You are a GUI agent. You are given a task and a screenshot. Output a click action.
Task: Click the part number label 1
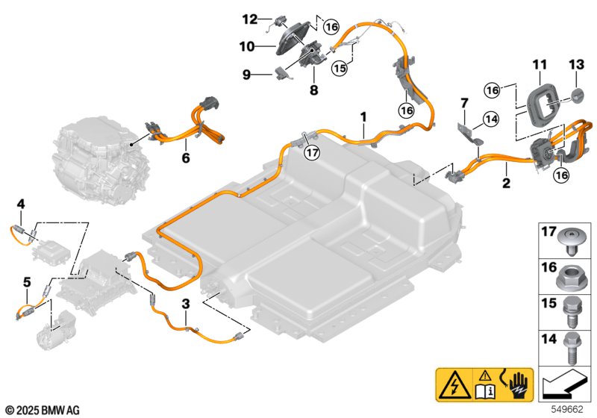[x=363, y=116]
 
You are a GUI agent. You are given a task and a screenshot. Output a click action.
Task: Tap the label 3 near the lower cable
[x=186, y=304]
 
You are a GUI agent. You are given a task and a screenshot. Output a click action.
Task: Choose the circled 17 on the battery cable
[x=311, y=153]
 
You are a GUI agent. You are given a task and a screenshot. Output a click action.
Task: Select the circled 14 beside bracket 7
[x=490, y=118]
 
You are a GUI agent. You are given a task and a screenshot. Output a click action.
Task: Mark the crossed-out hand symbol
[x=517, y=385]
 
